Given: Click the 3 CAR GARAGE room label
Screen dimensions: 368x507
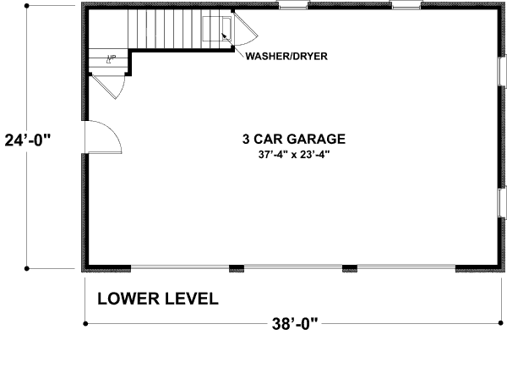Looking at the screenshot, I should click(293, 139).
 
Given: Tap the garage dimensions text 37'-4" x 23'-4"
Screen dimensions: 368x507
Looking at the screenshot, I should click(293, 156).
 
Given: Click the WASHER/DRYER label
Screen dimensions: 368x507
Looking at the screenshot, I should click(286, 58).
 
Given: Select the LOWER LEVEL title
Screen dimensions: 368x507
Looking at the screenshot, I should click(158, 299).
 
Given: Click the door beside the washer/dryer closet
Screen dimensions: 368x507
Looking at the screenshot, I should click(246, 32).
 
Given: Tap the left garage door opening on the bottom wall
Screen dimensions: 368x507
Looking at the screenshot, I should click(180, 269).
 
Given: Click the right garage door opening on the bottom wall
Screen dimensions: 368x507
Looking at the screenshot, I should click(406, 269).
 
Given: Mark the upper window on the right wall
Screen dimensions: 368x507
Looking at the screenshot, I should click(502, 76).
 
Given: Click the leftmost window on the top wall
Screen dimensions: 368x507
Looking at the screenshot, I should click(292, 7).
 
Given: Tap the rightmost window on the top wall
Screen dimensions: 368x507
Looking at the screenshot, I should click(406, 7).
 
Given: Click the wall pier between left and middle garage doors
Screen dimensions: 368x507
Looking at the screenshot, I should click(237, 269).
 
